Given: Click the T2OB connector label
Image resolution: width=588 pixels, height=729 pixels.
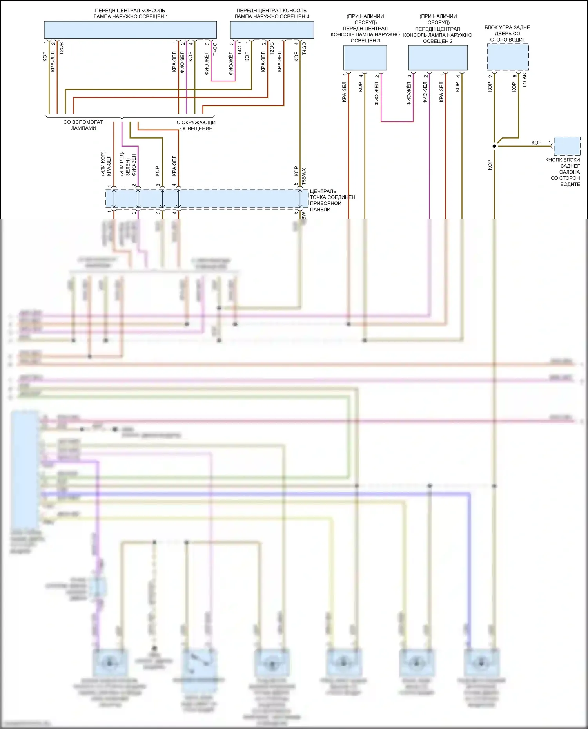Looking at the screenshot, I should [61, 48].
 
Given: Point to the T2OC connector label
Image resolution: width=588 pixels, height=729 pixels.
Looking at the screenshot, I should [272, 48].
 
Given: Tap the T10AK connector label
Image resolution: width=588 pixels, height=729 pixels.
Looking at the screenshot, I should [524, 80].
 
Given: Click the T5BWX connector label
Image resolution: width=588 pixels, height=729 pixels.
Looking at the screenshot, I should [304, 176].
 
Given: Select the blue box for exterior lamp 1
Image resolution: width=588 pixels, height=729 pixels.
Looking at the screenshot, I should [130, 30].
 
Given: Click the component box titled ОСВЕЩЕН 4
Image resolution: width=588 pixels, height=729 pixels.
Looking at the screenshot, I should [272, 30].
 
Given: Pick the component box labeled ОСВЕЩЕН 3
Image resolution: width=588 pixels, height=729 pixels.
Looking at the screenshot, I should [365, 58].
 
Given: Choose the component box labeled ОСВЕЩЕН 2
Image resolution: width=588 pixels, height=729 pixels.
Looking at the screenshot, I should [438, 58].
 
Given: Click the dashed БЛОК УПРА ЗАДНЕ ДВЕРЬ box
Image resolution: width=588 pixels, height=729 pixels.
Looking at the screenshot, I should [508, 57].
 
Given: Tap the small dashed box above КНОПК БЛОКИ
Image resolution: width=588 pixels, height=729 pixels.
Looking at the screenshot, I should [567, 146].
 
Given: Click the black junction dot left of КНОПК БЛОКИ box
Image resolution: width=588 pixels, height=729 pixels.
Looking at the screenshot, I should [494, 146].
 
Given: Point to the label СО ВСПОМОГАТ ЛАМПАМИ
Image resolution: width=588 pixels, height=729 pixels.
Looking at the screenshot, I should [83, 125].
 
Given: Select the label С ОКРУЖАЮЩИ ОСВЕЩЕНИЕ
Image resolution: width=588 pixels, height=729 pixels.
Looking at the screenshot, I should [196, 125].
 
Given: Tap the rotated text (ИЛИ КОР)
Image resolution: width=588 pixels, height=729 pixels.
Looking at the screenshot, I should [103, 164].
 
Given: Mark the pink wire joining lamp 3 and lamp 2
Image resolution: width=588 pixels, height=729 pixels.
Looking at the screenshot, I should [397, 121].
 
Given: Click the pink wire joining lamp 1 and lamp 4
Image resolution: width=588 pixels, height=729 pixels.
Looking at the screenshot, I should [223, 81].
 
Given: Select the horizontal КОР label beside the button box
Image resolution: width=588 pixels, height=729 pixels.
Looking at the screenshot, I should [536, 143].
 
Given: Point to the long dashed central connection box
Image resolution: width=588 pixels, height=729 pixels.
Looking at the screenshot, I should [207, 199].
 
